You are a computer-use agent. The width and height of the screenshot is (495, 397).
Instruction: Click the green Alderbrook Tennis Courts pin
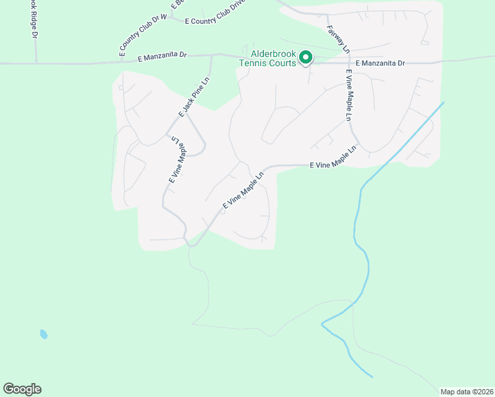(x=306, y=58)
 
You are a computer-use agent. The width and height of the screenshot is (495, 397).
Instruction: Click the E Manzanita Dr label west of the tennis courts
(x=163, y=58)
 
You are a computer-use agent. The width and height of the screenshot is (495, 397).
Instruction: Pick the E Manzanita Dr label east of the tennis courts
(x=380, y=63)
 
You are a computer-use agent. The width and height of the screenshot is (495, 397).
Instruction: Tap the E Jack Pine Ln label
(x=193, y=98)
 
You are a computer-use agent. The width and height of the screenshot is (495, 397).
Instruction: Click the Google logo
(x=22, y=389)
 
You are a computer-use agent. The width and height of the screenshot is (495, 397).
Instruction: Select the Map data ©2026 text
(x=467, y=391)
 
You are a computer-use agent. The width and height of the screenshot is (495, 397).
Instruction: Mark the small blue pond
(x=44, y=334)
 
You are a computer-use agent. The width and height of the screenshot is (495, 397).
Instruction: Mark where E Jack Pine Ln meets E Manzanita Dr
(x=212, y=57)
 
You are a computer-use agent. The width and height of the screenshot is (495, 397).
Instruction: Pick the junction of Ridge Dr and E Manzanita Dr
(x=36, y=64)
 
